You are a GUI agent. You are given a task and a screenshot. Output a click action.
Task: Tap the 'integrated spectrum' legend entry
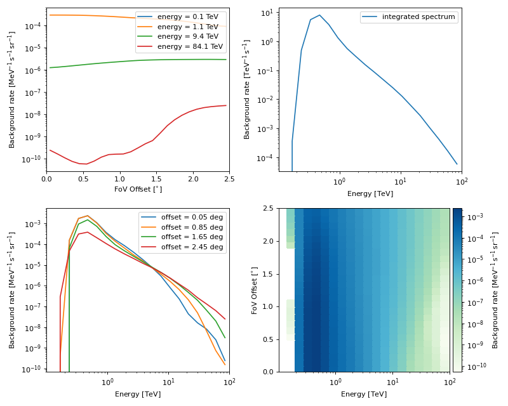[x=419, y=17]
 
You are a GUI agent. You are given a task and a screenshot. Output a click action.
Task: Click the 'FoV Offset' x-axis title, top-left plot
[x=138, y=189]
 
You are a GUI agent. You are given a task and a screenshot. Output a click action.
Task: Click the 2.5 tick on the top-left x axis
[x=229, y=180]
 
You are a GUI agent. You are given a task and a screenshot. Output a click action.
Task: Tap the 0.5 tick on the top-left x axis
[x=83, y=180]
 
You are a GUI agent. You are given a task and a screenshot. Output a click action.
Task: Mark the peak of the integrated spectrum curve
[x=319, y=15]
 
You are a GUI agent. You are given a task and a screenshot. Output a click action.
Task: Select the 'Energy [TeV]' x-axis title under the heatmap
[x=364, y=394]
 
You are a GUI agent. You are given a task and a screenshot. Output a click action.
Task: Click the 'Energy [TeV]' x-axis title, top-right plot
[x=370, y=193]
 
